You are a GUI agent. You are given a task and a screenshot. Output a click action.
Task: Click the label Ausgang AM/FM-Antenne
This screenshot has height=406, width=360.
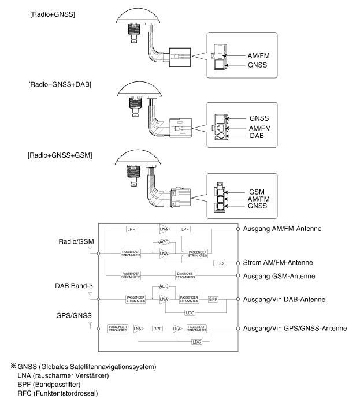tap(283, 229)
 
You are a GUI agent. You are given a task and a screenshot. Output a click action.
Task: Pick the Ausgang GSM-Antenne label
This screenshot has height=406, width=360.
tap(279, 277)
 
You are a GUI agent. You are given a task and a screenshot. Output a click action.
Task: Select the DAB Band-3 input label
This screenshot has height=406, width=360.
tap(73, 286)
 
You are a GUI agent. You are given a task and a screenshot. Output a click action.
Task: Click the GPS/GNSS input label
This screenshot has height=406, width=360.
tap(74, 315)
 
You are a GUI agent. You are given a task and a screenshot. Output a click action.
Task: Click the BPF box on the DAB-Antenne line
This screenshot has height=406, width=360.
tap(214, 300)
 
